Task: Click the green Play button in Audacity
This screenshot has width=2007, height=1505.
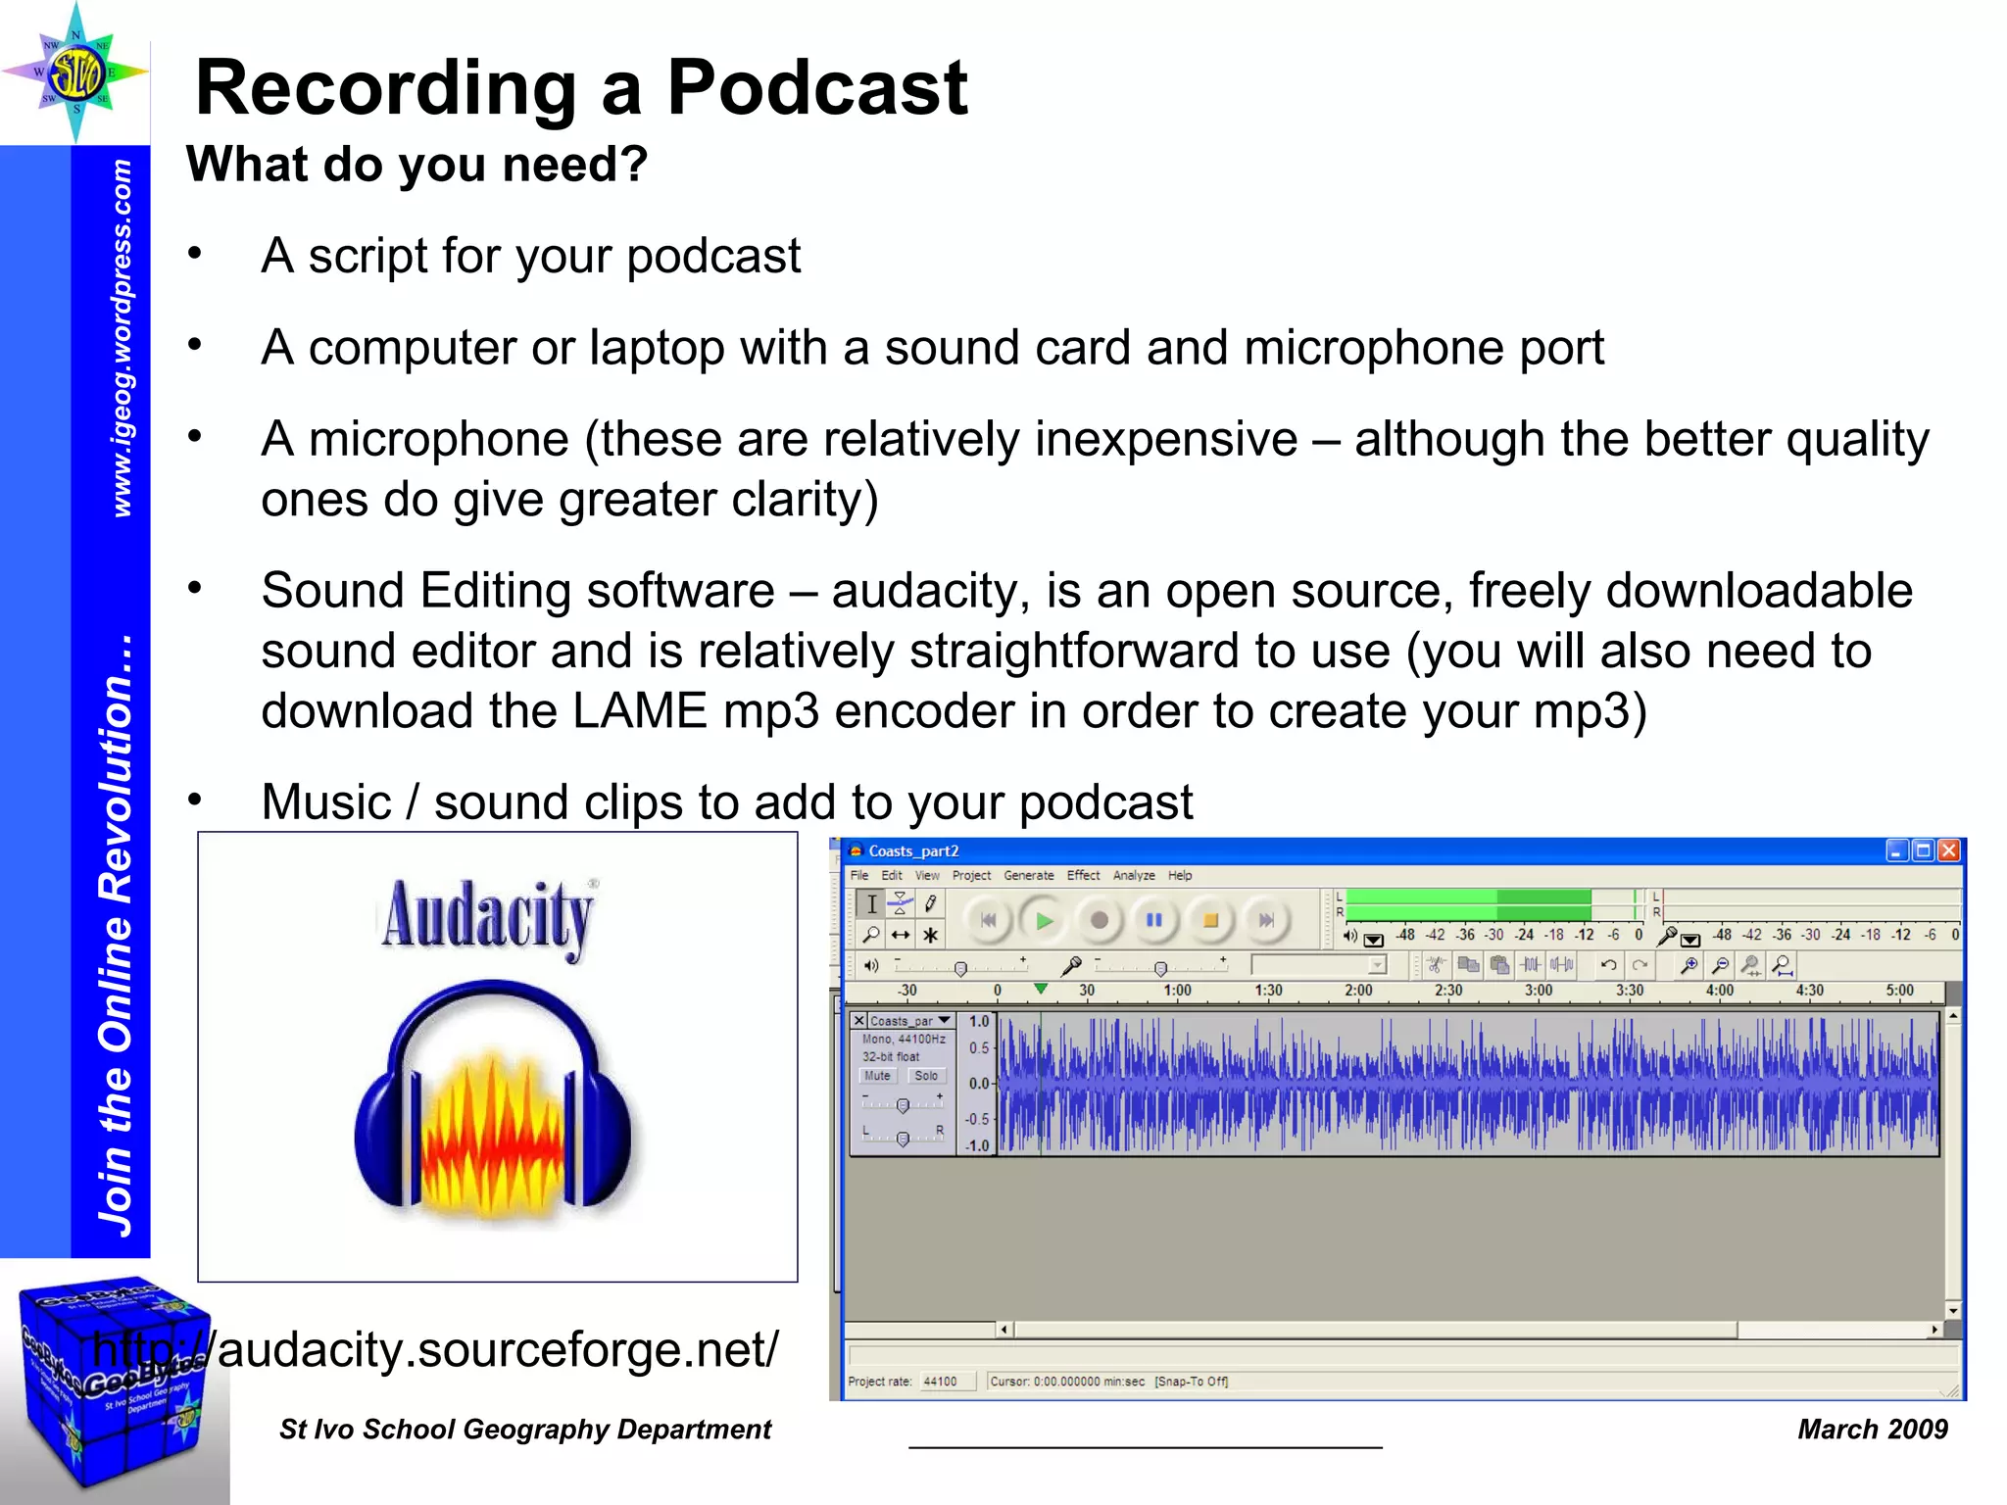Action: (1044, 921)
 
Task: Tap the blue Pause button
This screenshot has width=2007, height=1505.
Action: (1154, 921)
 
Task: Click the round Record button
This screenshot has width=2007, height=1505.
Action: (1100, 921)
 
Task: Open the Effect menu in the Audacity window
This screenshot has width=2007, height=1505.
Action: (1083, 876)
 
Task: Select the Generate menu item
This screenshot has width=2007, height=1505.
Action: (1028, 876)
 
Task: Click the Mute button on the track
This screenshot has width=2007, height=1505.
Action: (877, 1076)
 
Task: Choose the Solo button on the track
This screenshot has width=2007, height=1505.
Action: (925, 1076)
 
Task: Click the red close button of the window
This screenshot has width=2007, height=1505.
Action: (1949, 850)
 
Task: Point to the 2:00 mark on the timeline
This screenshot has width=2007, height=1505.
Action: (1358, 991)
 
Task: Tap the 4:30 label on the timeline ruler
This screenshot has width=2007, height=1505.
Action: (1809, 991)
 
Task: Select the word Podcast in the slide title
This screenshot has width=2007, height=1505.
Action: (817, 88)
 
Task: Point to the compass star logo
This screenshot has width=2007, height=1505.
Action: (75, 72)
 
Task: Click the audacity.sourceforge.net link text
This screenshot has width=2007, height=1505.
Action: (436, 1350)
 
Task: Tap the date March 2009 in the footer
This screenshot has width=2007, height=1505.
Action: (1872, 1430)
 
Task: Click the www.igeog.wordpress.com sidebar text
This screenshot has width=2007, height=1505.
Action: (122, 338)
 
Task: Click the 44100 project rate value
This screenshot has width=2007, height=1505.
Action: (940, 1382)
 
